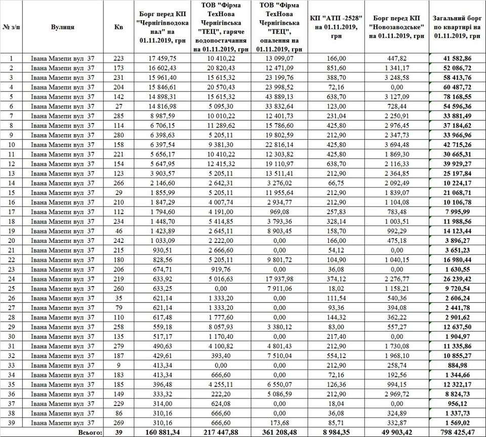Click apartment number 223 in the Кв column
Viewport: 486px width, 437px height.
pyautogui.click(x=118, y=58)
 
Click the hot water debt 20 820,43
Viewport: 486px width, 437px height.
pyautogui.click(x=221, y=67)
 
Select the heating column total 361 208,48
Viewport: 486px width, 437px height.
pyautogui.click(x=279, y=432)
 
